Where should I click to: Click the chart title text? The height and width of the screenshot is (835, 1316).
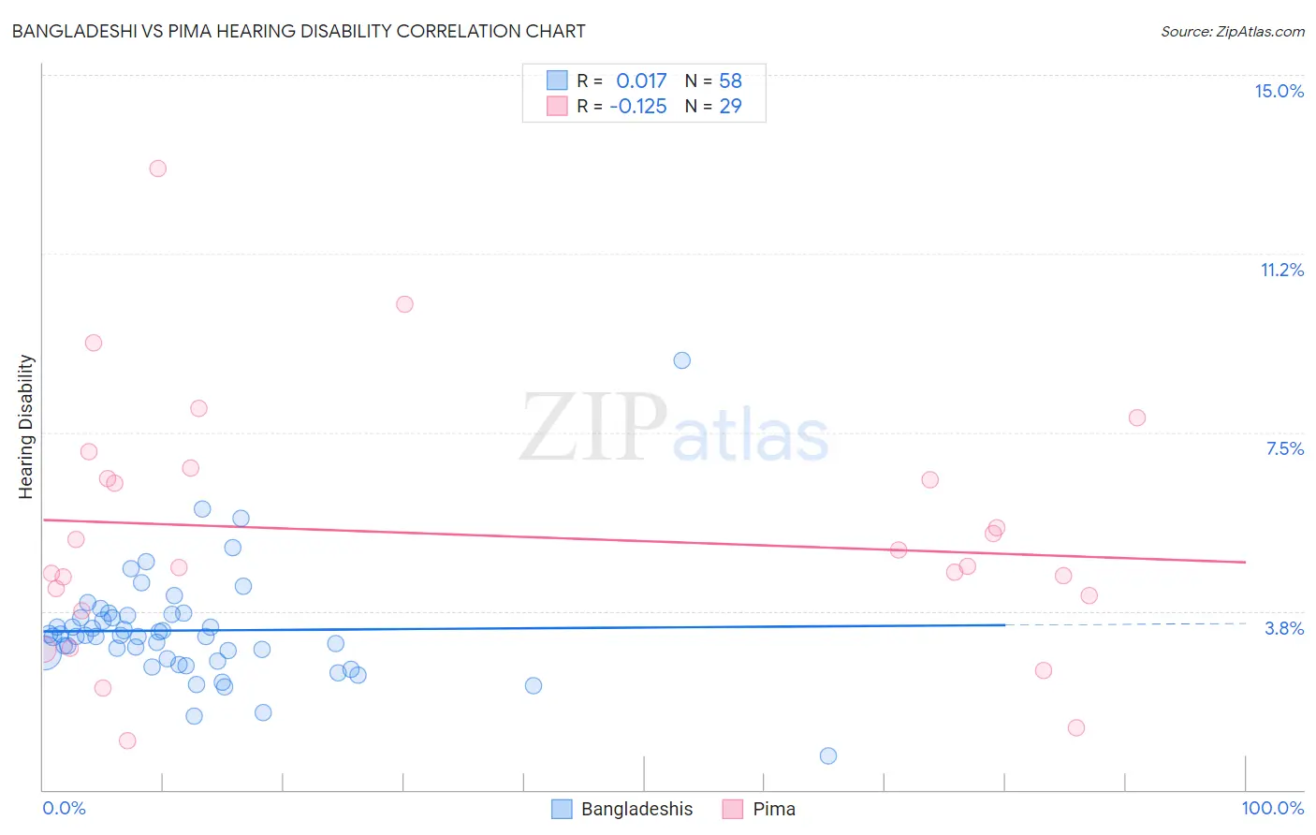299,31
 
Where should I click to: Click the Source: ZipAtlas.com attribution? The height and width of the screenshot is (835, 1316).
1232,31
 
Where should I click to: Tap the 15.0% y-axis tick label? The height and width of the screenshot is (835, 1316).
1279,91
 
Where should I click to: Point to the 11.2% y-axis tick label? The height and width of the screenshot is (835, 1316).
1281,270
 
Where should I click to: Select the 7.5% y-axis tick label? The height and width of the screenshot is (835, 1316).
1284,448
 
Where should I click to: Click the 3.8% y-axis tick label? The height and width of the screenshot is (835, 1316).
1284,628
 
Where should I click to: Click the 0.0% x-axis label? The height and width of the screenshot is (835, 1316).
64,808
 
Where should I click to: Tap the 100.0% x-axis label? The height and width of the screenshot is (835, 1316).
1272,808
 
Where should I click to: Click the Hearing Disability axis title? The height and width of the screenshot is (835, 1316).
26,426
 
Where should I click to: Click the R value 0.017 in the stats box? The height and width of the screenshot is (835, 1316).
641,81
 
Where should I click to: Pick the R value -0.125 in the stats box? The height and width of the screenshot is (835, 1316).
638,106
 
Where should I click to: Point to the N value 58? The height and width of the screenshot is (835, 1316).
730,81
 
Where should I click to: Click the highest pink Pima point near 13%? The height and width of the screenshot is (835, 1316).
158,168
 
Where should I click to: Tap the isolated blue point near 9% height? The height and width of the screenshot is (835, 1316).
682,360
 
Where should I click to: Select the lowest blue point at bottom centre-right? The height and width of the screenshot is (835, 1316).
828,755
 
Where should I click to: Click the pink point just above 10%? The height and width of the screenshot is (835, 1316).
404,304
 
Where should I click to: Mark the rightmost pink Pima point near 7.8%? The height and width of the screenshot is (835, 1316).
1137,417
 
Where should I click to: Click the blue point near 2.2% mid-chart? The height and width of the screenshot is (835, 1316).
534,685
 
